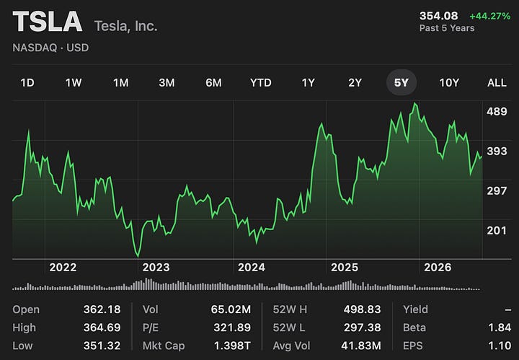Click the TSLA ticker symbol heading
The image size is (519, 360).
[x=48, y=22]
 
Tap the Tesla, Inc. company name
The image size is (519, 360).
[x=125, y=26]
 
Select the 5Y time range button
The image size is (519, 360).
[x=402, y=82]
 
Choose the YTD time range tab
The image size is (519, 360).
[x=260, y=82]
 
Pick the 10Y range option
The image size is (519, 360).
[x=449, y=82]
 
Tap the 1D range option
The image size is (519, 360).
[x=27, y=82]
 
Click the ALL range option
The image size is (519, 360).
[x=497, y=82]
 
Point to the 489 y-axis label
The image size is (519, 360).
[x=497, y=111]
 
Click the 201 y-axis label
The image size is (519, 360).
[x=497, y=230]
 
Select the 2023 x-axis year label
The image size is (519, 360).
[x=156, y=267]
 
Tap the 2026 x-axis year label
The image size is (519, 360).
[x=438, y=267]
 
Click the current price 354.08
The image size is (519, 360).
[x=438, y=16]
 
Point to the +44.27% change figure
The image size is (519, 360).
[x=490, y=16]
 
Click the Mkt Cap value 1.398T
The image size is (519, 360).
[x=232, y=346]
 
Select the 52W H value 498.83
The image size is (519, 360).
[x=362, y=309]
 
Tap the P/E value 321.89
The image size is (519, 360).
[x=232, y=328]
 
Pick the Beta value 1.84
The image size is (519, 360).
[x=500, y=328]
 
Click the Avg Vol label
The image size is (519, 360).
[x=291, y=346]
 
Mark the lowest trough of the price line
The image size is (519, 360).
[x=138, y=257]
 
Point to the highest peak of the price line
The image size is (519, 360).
[x=415, y=103]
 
